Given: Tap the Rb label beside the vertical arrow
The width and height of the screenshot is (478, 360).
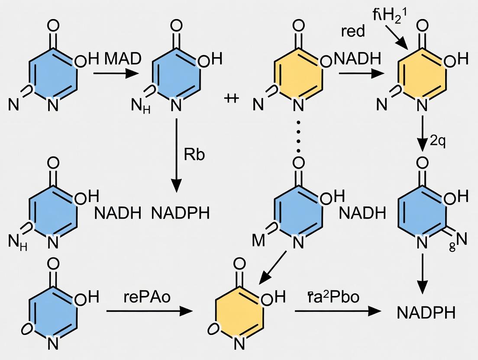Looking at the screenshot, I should click(194, 155).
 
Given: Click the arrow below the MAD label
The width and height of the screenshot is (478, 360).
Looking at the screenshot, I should click(114, 74).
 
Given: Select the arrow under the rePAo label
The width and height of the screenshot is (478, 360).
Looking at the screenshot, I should click(149, 311).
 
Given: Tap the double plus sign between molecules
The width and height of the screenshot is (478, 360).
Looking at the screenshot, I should click(233, 99).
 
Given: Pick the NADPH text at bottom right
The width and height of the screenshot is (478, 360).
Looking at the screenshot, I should click(426, 313).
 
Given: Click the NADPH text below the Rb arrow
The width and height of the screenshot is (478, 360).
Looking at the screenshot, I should click(180, 213).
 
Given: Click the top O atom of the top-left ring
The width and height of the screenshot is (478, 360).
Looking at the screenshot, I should click(53, 26).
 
